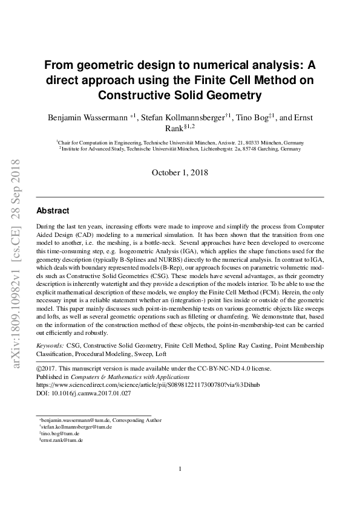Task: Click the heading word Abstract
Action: click(x=53, y=212)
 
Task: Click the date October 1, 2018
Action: click(x=180, y=172)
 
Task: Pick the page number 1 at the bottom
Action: click(x=180, y=468)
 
